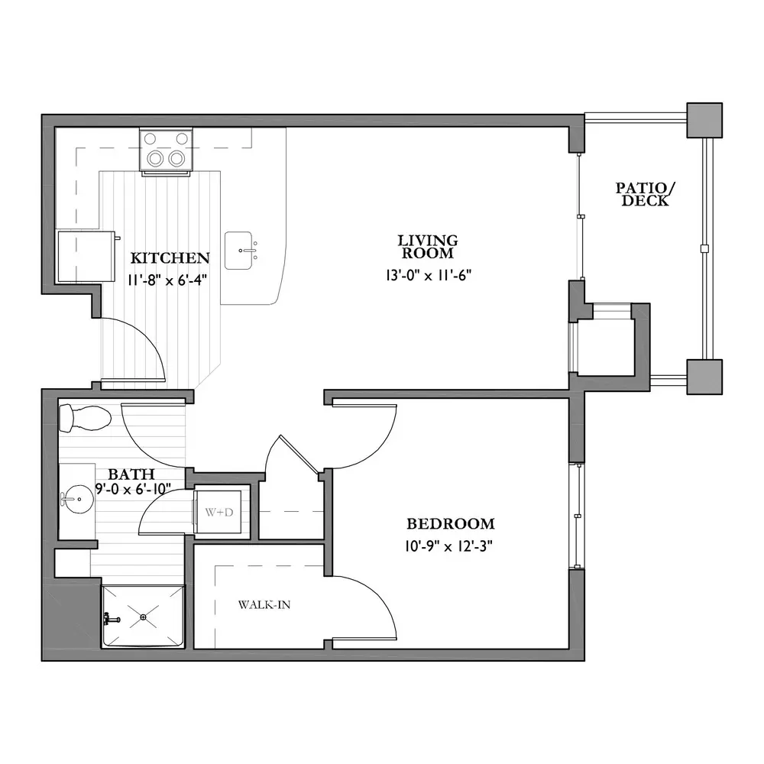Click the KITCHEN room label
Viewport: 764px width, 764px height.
[x=170, y=257]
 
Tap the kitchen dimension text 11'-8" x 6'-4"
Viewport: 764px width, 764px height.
[x=167, y=280]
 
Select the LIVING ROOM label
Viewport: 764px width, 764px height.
[x=428, y=247]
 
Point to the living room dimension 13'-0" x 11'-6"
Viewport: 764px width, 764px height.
[x=429, y=275]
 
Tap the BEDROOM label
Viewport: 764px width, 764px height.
[x=451, y=524]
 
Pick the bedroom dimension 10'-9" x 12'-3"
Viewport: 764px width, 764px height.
[x=448, y=547]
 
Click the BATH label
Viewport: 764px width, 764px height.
[x=131, y=474]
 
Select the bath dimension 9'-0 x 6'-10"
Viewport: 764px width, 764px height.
[x=134, y=488]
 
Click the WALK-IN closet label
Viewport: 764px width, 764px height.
[x=264, y=604]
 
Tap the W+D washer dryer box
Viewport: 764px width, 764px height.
[x=218, y=512]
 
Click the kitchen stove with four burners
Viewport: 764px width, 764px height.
[x=166, y=150]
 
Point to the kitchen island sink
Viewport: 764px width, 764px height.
[x=238, y=251]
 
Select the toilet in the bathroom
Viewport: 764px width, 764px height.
[x=85, y=419]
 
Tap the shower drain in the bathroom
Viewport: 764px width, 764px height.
[x=144, y=617]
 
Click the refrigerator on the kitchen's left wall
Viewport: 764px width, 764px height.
[x=86, y=257]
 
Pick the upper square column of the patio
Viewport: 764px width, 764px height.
[x=704, y=120]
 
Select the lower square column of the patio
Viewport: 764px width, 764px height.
[x=704, y=377]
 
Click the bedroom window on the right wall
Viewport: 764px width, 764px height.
[x=577, y=516]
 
